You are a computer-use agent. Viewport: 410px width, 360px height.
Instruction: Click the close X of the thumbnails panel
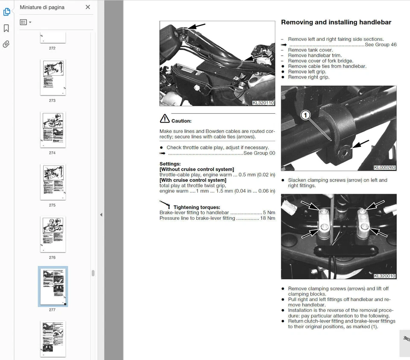[88, 7]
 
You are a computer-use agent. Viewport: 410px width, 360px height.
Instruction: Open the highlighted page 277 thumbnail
[53, 286]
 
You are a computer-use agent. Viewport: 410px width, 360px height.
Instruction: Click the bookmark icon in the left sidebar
[6, 28]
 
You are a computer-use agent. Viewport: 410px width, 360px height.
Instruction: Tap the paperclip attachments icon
[6, 44]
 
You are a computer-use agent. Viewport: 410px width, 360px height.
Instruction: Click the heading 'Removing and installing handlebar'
[336, 22]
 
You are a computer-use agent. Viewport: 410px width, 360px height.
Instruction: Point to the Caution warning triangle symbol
[164, 119]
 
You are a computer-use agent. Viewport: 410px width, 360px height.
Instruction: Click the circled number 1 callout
[305, 115]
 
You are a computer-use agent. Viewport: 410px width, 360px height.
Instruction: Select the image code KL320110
[263, 103]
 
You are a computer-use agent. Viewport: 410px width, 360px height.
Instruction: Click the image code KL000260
[384, 168]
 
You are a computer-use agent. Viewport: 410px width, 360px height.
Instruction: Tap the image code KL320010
[384, 276]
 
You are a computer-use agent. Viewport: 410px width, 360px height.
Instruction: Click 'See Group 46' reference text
[380, 44]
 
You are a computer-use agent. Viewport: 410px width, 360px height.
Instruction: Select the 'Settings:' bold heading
[170, 164]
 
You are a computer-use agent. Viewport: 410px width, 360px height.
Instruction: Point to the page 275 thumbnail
[53, 182]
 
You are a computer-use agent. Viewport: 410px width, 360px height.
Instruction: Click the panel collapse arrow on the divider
[101, 215]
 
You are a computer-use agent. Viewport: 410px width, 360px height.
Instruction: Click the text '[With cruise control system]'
[193, 180]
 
